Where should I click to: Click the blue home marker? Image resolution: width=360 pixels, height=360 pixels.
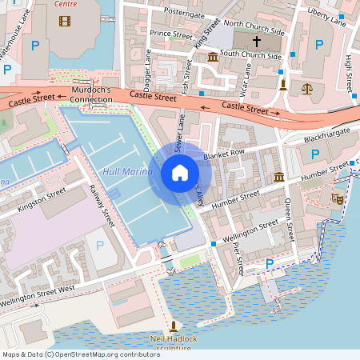pyautogui.click(x=179, y=172)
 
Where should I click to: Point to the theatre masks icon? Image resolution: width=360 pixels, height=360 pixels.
pyautogui.click(x=338, y=197)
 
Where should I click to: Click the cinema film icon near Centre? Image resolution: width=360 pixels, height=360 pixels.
pyautogui.click(x=64, y=21)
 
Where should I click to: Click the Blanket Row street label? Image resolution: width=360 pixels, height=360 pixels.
pyautogui.click(x=223, y=153)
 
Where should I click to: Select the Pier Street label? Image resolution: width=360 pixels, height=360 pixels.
pyautogui.click(x=237, y=258)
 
